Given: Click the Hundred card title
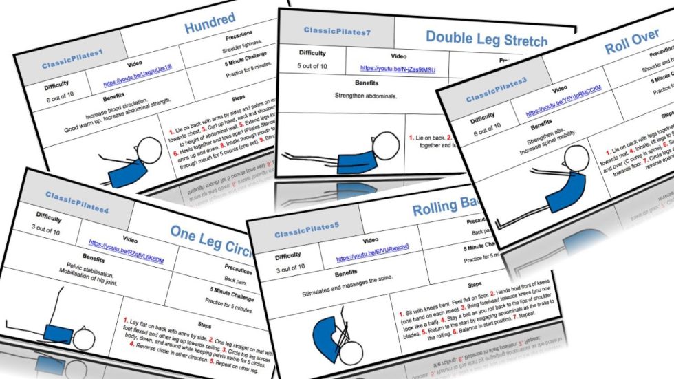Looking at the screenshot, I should click(x=209, y=23).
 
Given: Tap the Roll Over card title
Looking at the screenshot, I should click(x=631, y=43).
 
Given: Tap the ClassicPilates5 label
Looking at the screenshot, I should click(x=307, y=232).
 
